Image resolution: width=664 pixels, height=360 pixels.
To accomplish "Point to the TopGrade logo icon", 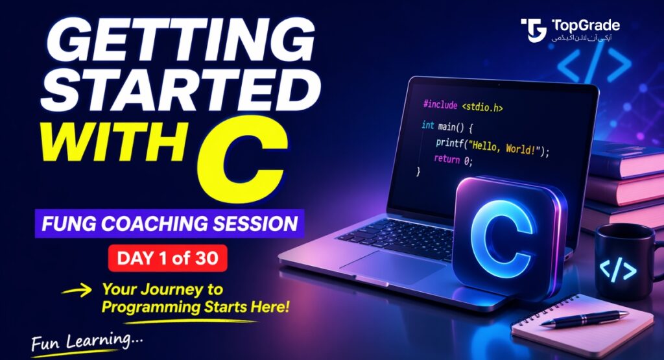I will (534, 30).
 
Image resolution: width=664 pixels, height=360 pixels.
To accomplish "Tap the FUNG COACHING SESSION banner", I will (169, 224).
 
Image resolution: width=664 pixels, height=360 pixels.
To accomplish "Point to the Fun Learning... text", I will (88, 340).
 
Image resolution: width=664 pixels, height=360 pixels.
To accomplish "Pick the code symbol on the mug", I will (618, 269).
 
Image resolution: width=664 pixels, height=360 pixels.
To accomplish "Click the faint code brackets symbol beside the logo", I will (594, 65).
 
